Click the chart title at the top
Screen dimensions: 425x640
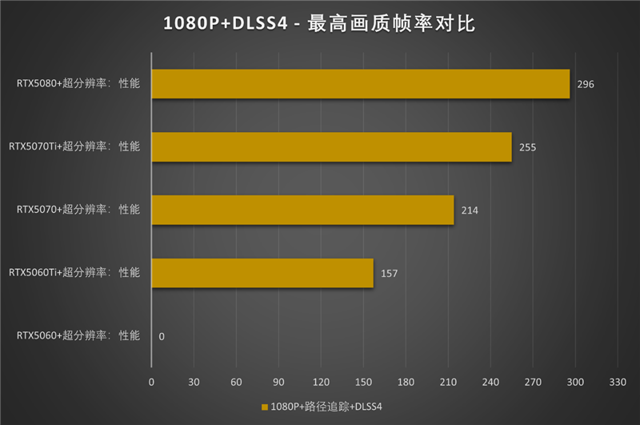[x=319, y=24]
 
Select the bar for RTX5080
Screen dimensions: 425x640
[x=360, y=83]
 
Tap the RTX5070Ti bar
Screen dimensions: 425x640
[x=331, y=146]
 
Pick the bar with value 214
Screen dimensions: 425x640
[x=302, y=210]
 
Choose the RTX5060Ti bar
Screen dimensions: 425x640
[x=262, y=273]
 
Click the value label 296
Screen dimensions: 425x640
[x=586, y=84]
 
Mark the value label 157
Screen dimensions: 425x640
[x=390, y=274]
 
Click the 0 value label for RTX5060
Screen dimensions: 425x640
[x=162, y=337]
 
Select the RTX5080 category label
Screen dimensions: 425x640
[x=78, y=83]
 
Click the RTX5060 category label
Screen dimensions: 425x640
[x=78, y=336]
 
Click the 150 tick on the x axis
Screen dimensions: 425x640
[x=363, y=383]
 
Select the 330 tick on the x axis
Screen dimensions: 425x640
[x=617, y=383]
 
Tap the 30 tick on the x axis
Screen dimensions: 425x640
[x=194, y=383]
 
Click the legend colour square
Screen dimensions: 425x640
[x=264, y=407]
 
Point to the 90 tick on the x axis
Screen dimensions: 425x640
[x=278, y=383]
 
